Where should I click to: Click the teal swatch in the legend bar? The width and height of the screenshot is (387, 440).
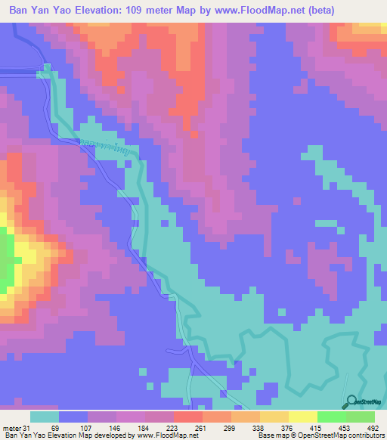pos(45,417)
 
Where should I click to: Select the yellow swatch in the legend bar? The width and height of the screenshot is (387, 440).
pos(302,417)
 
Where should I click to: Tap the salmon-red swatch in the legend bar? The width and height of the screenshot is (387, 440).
pos(187,417)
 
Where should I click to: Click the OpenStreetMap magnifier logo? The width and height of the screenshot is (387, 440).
pos(350,401)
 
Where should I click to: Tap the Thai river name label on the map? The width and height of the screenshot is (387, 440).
pos(96,148)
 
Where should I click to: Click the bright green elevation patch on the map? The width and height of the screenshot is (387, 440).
pos(5,261)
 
